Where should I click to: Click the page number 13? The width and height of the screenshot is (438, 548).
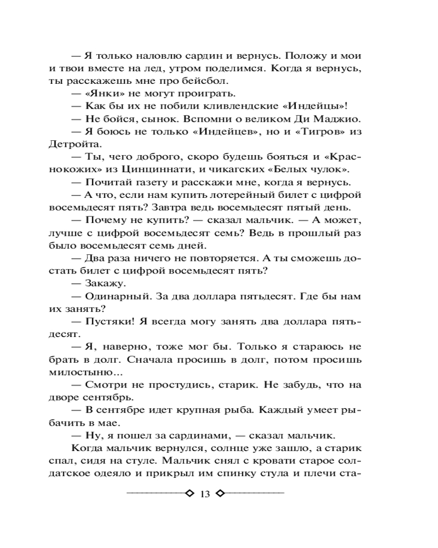[x=205, y=494]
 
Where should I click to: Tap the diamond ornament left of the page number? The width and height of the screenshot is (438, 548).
[x=190, y=494]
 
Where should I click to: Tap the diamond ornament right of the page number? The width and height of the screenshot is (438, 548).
[x=221, y=494]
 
